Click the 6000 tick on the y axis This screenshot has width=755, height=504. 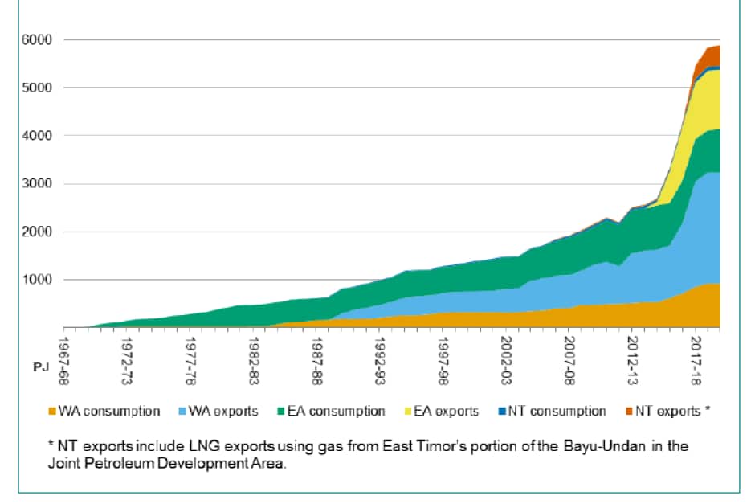[x=38, y=39]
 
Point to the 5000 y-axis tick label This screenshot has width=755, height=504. [x=38, y=88]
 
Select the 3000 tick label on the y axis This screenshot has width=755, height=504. [x=38, y=184]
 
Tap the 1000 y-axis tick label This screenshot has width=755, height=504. [x=38, y=280]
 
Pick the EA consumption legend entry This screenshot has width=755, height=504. [x=329, y=412]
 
